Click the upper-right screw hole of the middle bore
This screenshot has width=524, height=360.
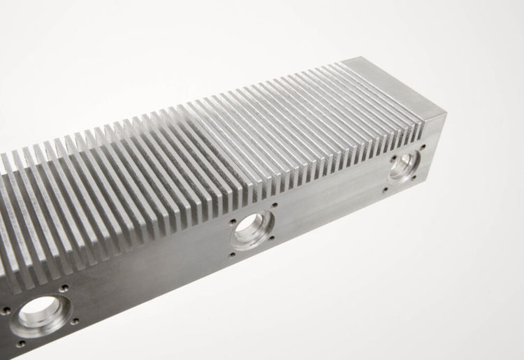pos(274,206)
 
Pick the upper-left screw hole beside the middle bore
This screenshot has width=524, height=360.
pos(232,222)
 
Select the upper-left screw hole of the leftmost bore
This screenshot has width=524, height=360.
pos(7,309)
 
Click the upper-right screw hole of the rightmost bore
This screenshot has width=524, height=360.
pos(421,147)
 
